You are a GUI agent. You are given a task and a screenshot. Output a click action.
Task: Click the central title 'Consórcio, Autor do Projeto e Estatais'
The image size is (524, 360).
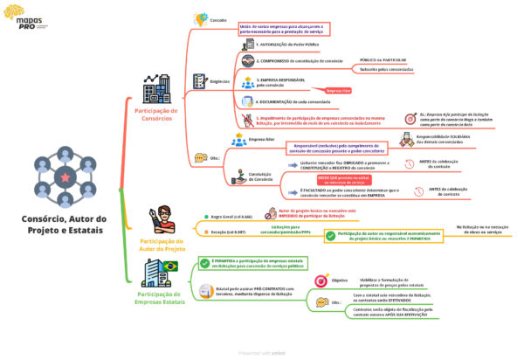pos(65,225)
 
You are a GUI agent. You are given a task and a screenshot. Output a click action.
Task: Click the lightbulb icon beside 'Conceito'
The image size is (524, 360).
pos(200,17)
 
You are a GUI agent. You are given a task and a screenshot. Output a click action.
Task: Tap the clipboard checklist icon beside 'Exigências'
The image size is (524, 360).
pos(199,81)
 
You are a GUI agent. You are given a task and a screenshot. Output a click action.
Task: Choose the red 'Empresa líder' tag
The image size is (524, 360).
pos(338,90)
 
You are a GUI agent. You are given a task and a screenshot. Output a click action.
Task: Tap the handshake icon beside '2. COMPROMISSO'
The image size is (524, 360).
pos(247,61)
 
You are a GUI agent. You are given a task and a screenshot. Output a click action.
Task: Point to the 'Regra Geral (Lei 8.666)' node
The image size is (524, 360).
pos(231,215)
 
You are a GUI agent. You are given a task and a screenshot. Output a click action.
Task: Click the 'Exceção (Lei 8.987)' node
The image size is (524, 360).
pos(230,232)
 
